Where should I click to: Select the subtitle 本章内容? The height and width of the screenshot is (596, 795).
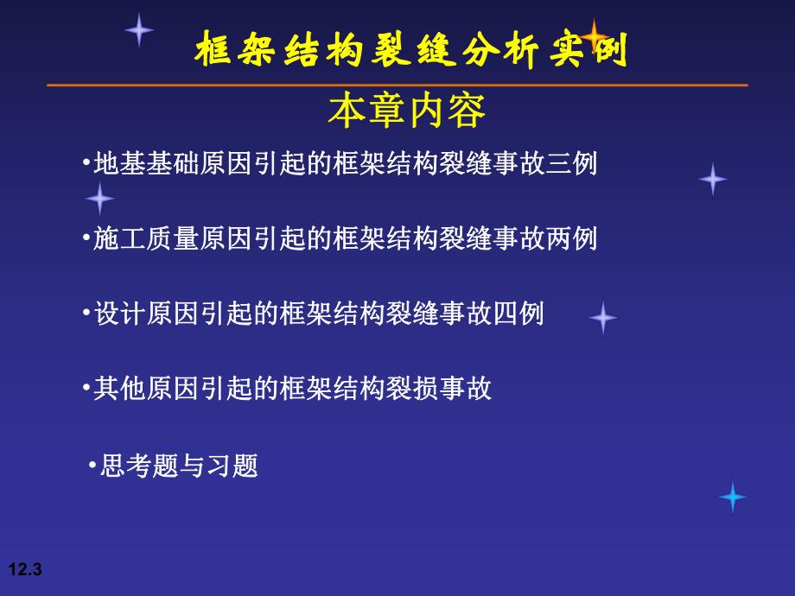tap(406, 111)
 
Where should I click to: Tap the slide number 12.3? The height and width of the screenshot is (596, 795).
tap(25, 569)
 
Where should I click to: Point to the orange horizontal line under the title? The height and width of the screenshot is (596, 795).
tap(397, 86)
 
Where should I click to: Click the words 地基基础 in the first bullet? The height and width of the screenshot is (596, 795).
tap(143, 163)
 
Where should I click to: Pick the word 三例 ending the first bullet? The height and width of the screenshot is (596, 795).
tap(572, 163)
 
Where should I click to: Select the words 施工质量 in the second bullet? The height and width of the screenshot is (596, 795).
tap(143, 238)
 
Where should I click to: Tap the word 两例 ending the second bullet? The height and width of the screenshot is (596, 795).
tap(572, 238)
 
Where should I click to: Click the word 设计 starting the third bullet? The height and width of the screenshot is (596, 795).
tap(118, 314)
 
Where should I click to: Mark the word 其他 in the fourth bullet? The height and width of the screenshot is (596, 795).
tap(118, 389)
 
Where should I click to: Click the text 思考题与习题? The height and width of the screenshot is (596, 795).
tap(179, 466)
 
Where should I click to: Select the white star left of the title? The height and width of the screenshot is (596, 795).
tap(138, 29)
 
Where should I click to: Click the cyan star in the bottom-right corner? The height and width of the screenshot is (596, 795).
tap(732, 497)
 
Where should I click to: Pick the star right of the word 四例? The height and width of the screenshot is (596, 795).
tap(603, 318)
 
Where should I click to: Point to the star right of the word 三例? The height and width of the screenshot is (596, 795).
tap(712, 179)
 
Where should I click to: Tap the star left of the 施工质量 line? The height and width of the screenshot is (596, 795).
tap(99, 199)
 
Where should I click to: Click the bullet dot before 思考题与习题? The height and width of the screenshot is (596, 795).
tap(92, 466)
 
